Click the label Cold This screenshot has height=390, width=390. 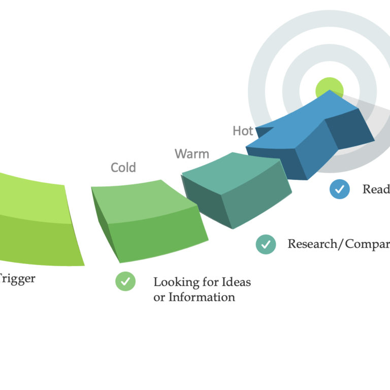click(x=123, y=167)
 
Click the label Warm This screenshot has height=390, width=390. click(x=191, y=153)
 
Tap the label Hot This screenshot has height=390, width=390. click(x=243, y=131)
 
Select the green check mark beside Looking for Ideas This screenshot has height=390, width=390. click(x=125, y=281)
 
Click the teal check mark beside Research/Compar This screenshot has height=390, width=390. click(x=266, y=244)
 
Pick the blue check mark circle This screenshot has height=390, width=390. click(x=339, y=189)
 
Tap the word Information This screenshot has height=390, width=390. click(x=202, y=297)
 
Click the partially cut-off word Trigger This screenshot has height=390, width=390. click(x=18, y=279)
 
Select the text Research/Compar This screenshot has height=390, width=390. click(x=338, y=244)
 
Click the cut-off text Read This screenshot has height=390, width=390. click(x=376, y=189)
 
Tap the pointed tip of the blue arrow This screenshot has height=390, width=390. click(x=331, y=92)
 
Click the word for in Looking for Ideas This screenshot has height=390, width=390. click(x=210, y=281)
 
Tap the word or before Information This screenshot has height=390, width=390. click(x=159, y=298)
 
